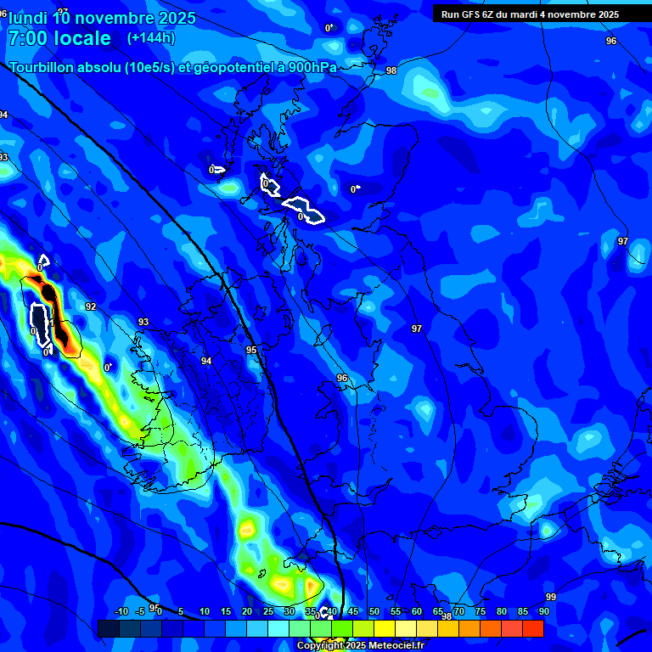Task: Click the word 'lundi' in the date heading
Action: [26, 18]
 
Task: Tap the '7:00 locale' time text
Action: [59, 38]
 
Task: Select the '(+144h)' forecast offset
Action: [151, 38]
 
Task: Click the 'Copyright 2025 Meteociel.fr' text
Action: [360, 646]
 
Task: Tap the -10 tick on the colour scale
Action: [121, 611]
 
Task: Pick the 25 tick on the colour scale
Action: [268, 611]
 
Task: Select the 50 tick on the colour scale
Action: [374, 611]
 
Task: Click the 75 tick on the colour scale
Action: [481, 611]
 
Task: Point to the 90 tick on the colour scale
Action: [543, 611]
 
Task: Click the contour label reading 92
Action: [91, 306]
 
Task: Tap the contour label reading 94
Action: [206, 361]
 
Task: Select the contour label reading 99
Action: [551, 597]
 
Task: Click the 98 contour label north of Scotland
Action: [391, 70]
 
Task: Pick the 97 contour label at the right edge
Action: [623, 241]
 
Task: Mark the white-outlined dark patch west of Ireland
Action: [40, 323]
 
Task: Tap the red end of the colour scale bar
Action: [533, 628]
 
